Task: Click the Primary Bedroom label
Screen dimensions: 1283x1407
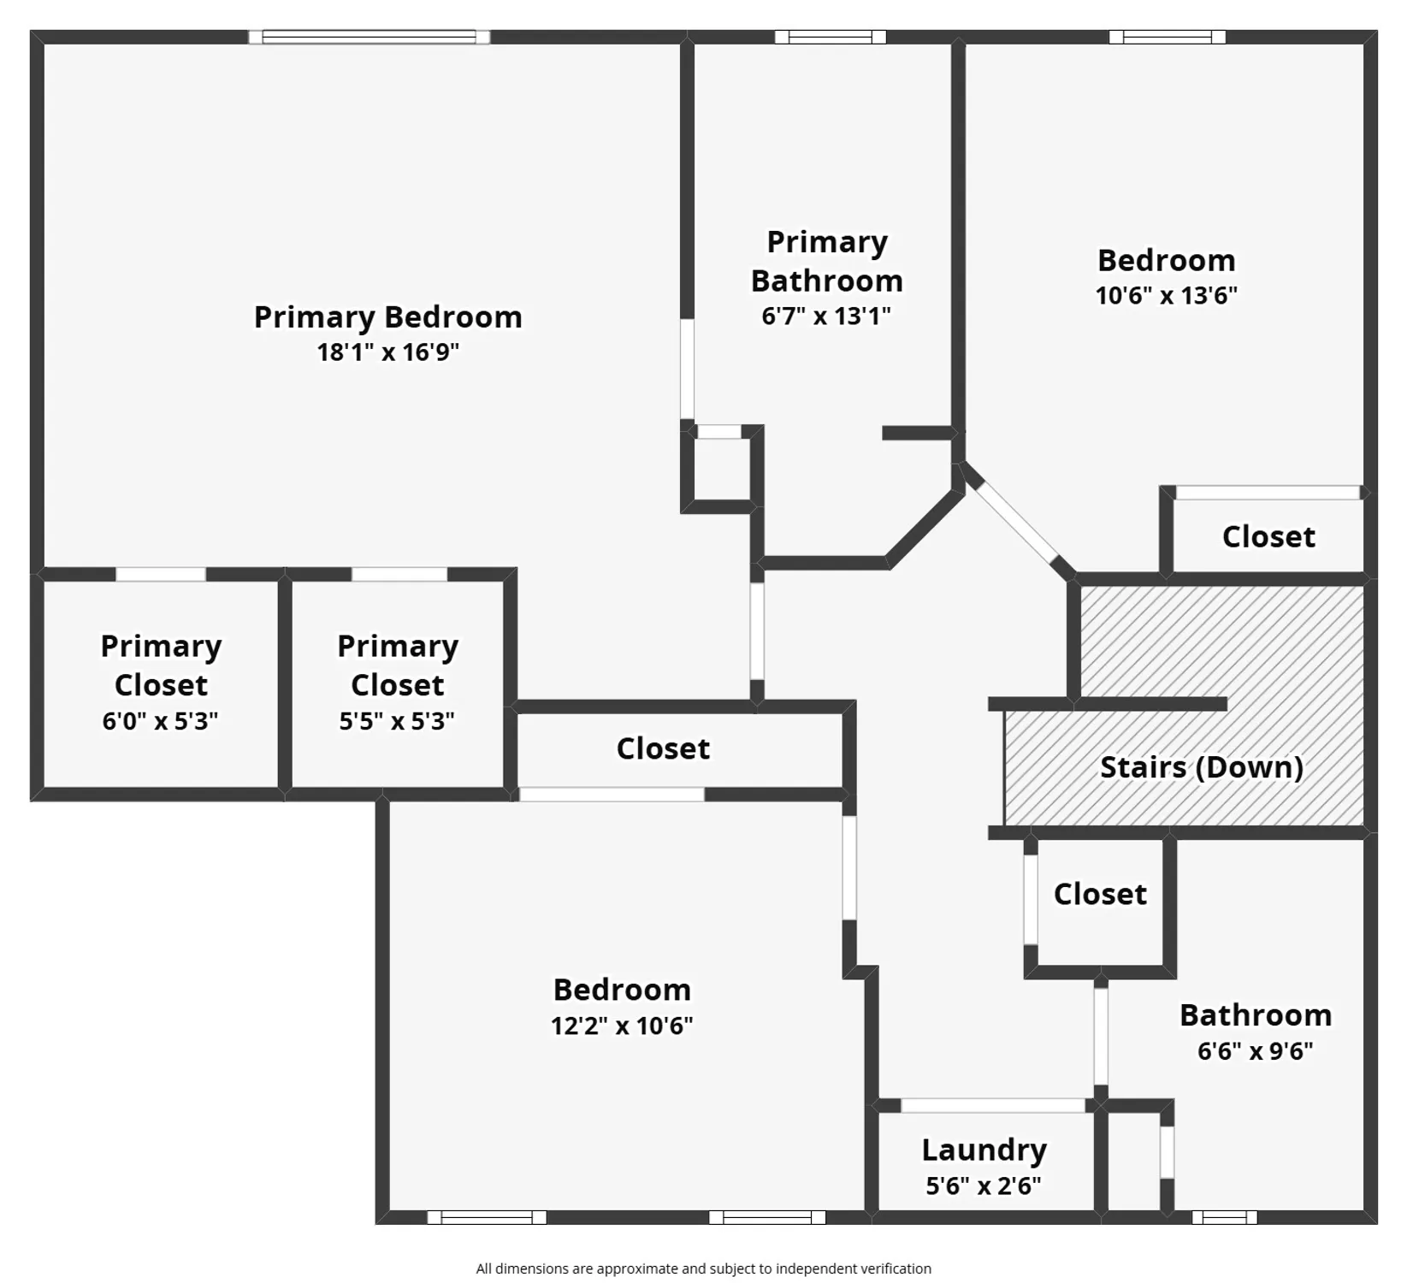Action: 387,317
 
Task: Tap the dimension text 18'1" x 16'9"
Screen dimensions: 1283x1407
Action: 387,352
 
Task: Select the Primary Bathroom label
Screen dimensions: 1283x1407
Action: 826,261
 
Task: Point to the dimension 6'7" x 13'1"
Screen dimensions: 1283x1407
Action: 826,316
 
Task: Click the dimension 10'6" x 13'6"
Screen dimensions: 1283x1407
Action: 1166,296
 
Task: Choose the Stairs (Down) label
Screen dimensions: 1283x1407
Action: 1201,767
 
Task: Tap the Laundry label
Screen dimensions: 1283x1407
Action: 984,1150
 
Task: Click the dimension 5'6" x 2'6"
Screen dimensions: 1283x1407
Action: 984,1185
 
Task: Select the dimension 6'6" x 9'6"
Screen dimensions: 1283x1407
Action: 1255,1050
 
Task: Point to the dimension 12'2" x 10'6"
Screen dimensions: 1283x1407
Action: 622,1025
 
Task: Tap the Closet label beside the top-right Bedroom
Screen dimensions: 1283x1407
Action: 1268,537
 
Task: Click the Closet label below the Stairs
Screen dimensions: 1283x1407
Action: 1100,894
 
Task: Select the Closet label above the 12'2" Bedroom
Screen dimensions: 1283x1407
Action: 663,748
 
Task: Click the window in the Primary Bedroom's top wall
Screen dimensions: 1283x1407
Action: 369,37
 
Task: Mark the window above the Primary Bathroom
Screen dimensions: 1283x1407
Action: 830,37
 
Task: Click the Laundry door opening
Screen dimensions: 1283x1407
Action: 992,1105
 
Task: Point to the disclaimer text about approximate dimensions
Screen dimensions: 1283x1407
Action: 703,1268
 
